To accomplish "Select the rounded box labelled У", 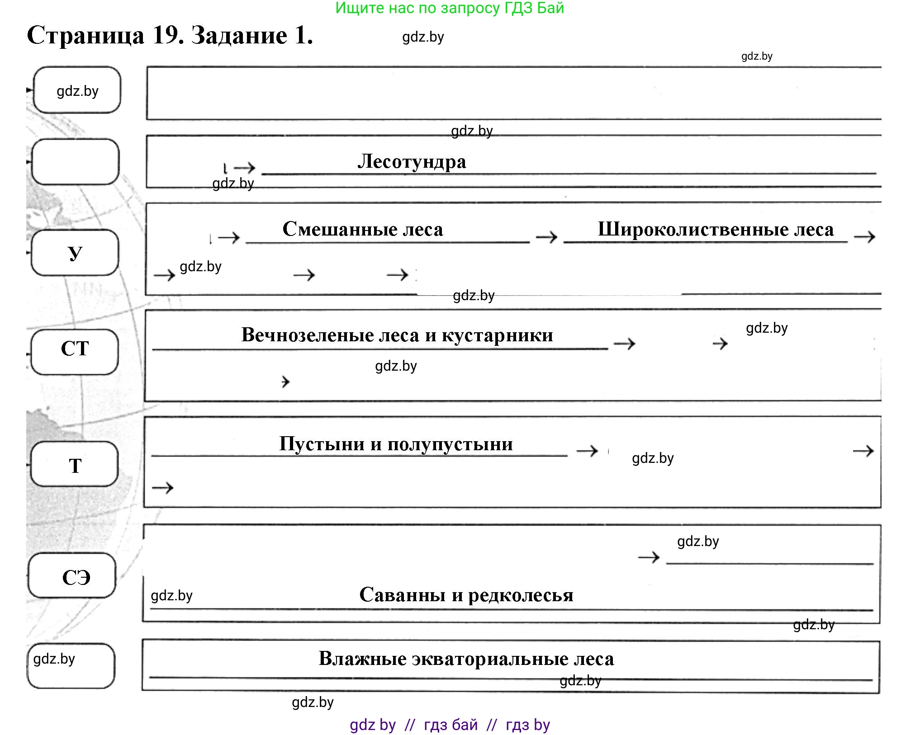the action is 75,252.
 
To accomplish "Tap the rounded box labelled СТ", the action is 75,351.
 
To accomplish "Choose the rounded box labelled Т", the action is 75,464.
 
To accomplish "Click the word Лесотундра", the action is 412,161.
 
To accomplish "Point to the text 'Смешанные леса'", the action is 363,229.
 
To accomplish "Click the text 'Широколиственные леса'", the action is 716,229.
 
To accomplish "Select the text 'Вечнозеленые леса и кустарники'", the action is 397,335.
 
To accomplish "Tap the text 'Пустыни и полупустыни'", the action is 396,444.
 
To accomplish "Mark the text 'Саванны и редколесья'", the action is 466,595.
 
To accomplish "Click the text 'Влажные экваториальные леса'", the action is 466,659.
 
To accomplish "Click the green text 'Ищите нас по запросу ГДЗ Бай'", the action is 450,8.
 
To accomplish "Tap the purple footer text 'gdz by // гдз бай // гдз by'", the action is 450,725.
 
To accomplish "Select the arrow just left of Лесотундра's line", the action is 245,168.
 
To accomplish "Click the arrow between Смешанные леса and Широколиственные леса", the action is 546,237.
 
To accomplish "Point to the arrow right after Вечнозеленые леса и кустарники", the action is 625,344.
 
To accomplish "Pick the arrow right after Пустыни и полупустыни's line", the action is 587,451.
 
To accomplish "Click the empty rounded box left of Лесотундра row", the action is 76,161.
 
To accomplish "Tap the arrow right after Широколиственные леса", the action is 864,236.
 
